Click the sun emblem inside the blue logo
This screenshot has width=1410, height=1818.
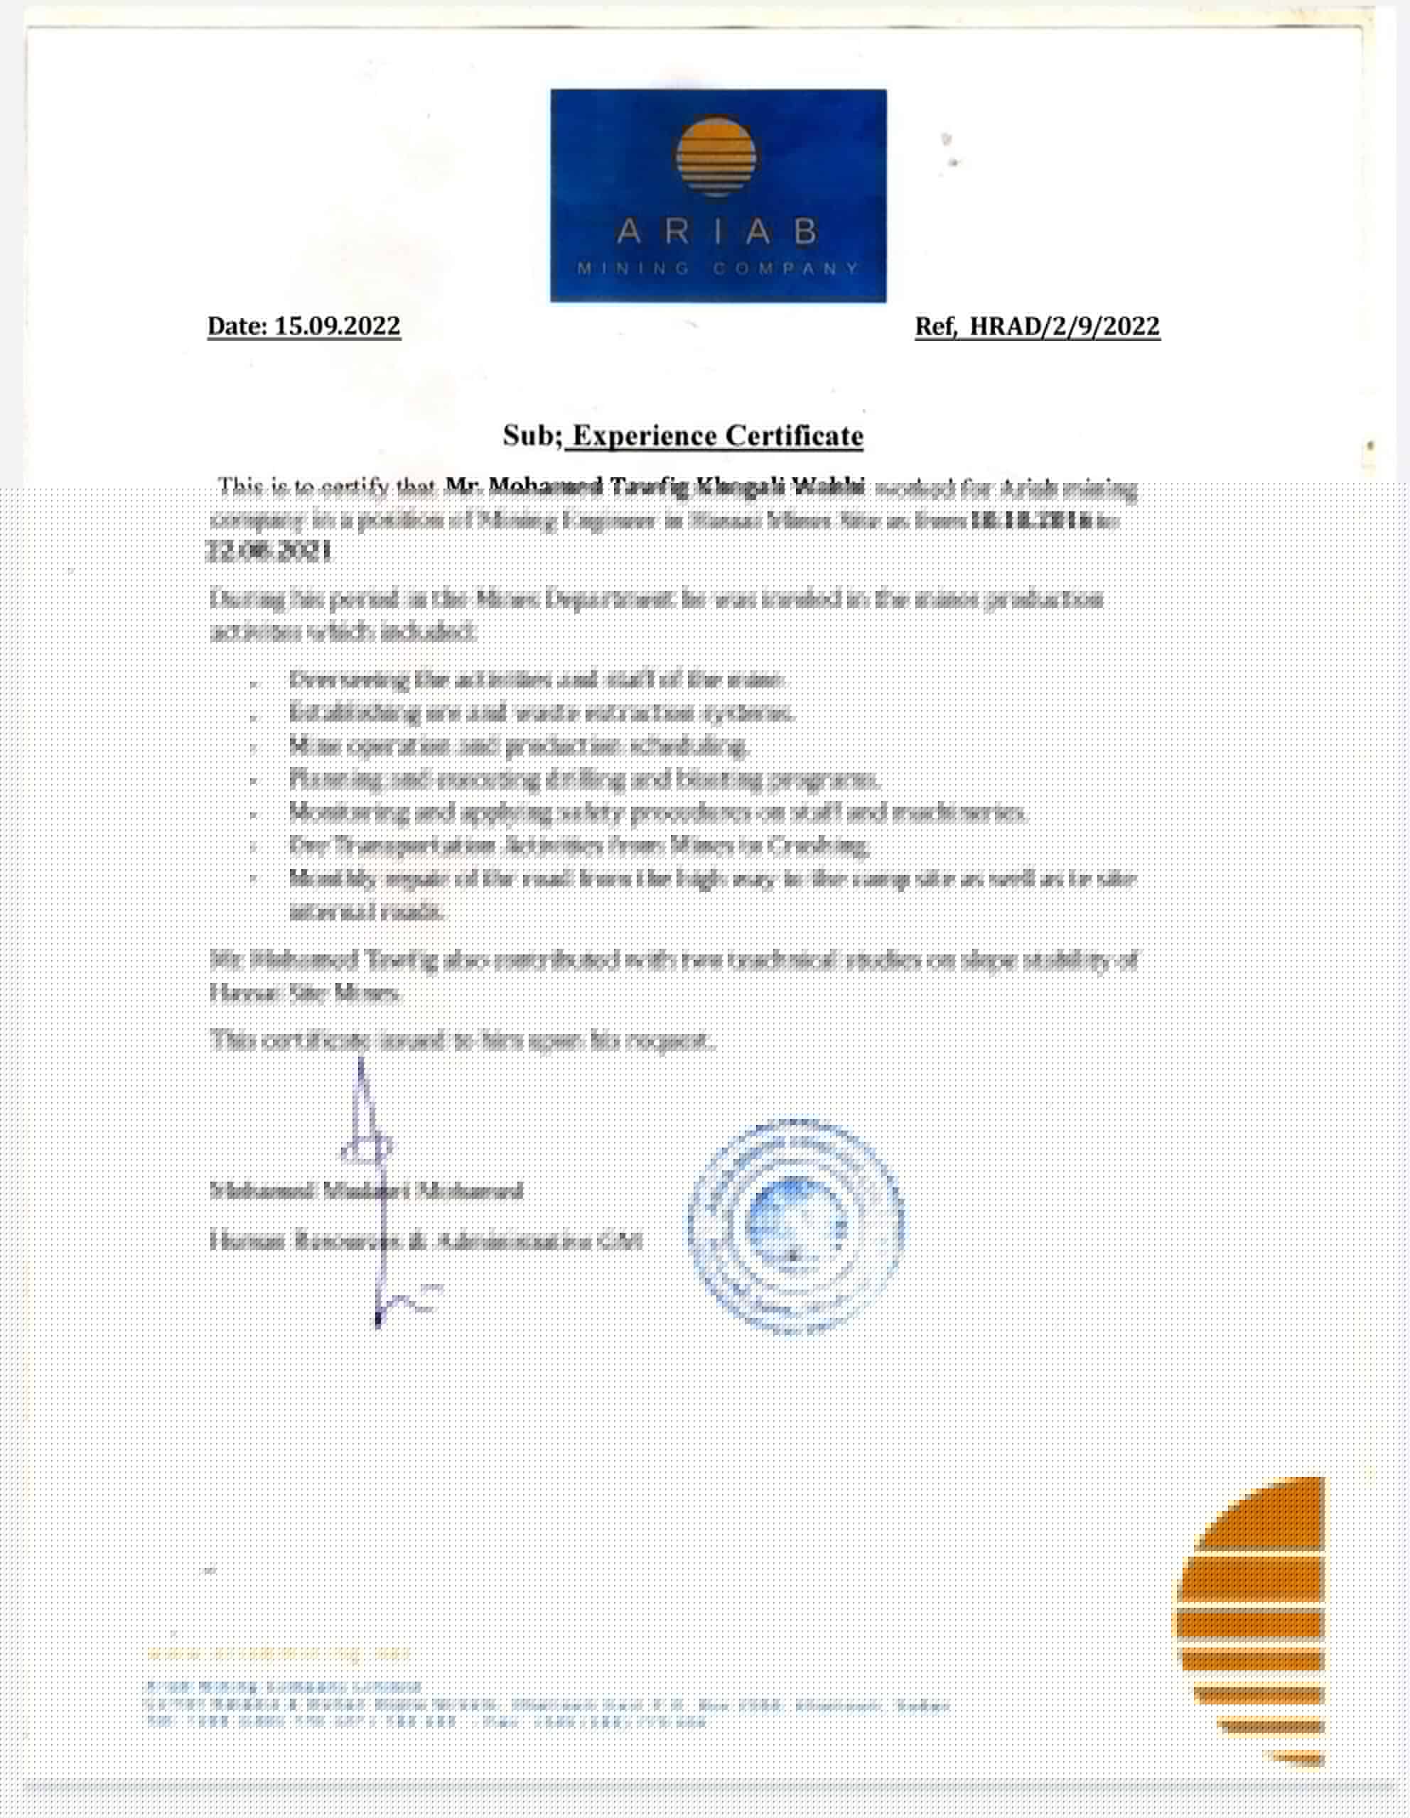point(716,156)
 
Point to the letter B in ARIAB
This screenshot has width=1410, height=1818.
point(805,232)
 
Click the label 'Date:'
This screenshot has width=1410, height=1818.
point(237,325)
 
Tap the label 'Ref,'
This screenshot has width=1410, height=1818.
point(936,326)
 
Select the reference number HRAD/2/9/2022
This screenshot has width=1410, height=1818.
point(1065,326)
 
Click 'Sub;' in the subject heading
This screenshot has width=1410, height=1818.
point(533,435)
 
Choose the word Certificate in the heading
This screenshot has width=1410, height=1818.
point(794,435)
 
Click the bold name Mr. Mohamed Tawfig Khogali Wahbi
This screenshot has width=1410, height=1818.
point(655,486)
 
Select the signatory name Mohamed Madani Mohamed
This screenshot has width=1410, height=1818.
point(367,1190)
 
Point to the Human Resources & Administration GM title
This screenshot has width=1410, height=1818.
point(426,1242)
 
